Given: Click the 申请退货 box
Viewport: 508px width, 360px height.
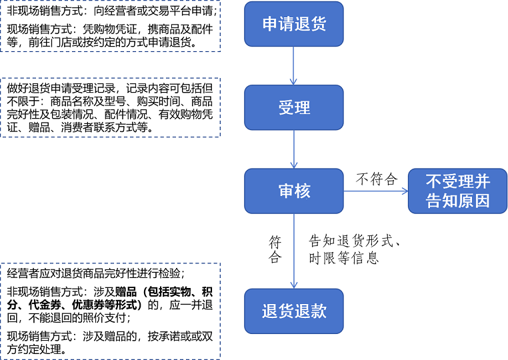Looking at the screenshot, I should point(294,24).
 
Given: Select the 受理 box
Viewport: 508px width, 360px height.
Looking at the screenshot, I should point(294,107).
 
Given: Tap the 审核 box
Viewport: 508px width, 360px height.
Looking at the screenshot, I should point(294,191).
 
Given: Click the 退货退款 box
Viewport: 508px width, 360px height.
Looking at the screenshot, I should point(294,311).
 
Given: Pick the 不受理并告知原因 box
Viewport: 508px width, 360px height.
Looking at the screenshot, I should point(457,191).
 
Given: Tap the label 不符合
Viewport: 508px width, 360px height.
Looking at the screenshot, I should point(376,179).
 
